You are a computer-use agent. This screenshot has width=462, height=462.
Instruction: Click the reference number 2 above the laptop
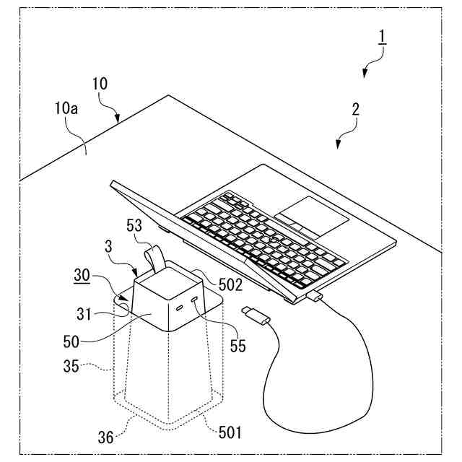point(355,109)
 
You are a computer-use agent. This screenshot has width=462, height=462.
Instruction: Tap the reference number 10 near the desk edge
point(100,84)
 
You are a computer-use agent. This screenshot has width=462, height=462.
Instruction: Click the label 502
point(230,286)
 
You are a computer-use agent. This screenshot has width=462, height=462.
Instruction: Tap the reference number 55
point(239,346)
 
